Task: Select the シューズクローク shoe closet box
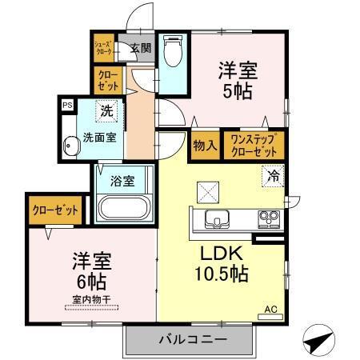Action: [103, 47]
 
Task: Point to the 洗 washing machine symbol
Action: [105, 110]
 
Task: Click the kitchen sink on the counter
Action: [216, 218]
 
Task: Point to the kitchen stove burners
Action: [266, 218]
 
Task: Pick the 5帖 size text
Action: [237, 92]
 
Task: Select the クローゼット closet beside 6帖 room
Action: [55, 210]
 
